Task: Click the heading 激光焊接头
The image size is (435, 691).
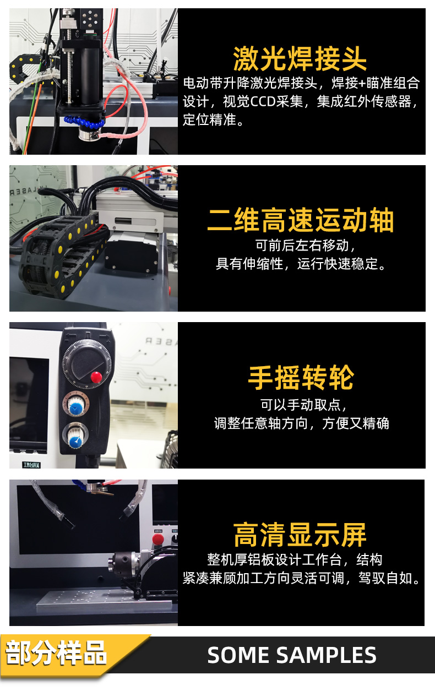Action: pyautogui.click(x=300, y=59)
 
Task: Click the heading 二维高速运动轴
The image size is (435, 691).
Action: pyautogui.click(x=301, y=220)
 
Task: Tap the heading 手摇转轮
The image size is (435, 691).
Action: pyautogui.click(x=301, y=378)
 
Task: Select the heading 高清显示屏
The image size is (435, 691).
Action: pyautogui.click(x=300, y=535)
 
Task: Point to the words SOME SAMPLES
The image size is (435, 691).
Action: pyautogui.click(x=292, y=655)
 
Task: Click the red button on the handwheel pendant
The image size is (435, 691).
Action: pyautogui.click(x=96, y=377)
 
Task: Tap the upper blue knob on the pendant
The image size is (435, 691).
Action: pyautogui.click(x=75, y=406)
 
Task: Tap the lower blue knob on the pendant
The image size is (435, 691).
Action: pyautogui.click(x=74, y=437)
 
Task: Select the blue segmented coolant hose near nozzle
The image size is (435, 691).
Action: pyautogui.click(x=83, y=120)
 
